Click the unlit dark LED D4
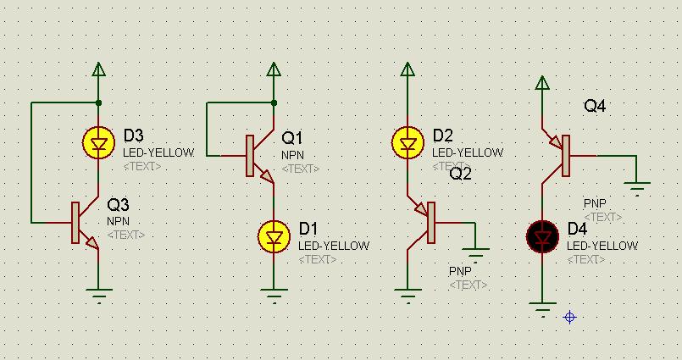pos(542,237)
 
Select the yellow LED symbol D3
pos(99,142)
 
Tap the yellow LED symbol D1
pos(274,237)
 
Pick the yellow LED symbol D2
pos(408,142)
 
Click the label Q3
pos(118,204)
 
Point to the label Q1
pos(291,138)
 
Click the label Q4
pos(595,106)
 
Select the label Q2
pos(460,174)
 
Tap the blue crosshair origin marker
pos(570,318)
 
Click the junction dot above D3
pos(99,103)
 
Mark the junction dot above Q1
pos(274,103)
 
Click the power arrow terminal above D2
pos(408,69)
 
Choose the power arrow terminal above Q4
pos(542,83)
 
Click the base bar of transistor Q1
pos(250,156)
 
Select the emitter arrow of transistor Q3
pos(93,243)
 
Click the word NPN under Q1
pos(293,155)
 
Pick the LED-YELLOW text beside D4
pos(602,246)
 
